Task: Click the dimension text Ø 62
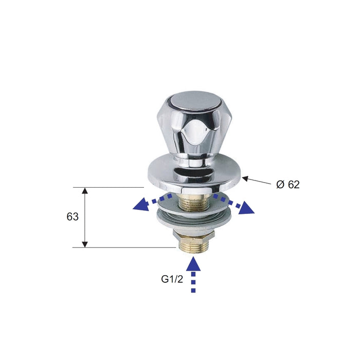tap(287, 185)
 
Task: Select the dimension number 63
tap(73, 217)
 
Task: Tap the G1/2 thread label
tap(172, 280)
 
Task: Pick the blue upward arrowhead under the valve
tap(193, 264)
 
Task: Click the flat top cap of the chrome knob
tap(191, 101)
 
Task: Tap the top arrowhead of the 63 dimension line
tap(85, 191)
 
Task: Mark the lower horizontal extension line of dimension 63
tap(123, 247)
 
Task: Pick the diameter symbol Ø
tap(280, 185)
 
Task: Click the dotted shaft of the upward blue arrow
tap(193, 283)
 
